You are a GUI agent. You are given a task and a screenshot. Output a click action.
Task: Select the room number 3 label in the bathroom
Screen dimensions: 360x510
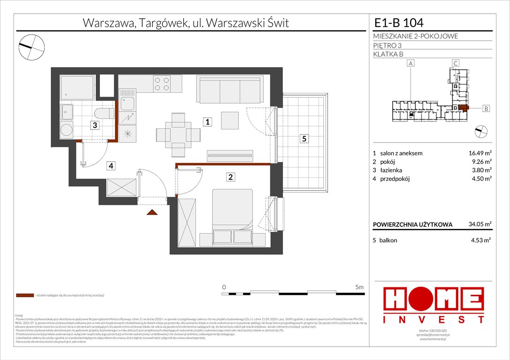coord(95,125)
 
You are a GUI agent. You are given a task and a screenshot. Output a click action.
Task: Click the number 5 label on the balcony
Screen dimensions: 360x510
coord(304,139)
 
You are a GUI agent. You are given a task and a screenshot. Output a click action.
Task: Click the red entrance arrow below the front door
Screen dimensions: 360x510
coord(152,213)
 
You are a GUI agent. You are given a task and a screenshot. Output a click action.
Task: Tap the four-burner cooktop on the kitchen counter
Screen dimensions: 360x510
coord(162,83)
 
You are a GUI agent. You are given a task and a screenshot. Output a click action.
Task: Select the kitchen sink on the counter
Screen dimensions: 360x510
coord(127,102)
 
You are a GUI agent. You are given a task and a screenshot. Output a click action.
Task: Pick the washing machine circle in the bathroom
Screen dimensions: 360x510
coord(67,129)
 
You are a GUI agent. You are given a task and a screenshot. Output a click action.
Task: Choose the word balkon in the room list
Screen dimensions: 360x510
coord(388,240)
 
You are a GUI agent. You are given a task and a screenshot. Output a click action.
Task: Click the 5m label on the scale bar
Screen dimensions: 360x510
coord(359,286)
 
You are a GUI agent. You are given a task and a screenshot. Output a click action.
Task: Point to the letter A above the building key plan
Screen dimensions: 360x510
coord(411,63)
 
